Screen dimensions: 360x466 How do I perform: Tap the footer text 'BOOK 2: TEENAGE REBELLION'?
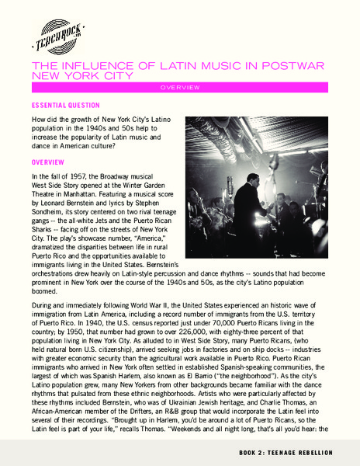(x=296, y=451)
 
